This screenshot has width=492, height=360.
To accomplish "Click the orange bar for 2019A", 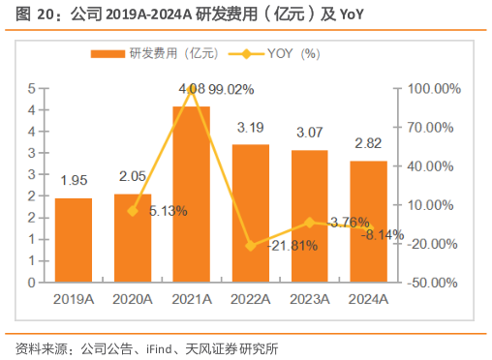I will pos(74,240).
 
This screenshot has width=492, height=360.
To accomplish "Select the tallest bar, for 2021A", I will pos(192,194).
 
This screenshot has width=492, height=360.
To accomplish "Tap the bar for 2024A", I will pos(368,222).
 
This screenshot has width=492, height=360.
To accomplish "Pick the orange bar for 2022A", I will pos(251,213).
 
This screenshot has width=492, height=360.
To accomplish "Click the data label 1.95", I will pos(74,181).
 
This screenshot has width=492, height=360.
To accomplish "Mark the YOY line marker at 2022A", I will pos(251,246).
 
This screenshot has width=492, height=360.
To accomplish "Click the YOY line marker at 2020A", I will pos(133,211).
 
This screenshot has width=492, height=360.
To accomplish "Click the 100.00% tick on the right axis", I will pos(434,88).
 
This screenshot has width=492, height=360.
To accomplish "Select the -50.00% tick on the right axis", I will pos(434,283).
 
